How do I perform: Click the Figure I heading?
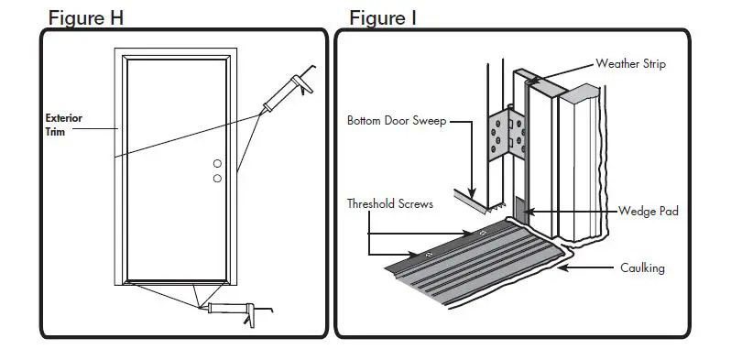383,17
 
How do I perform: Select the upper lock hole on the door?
218,164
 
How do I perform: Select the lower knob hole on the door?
218,179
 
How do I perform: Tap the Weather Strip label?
631,64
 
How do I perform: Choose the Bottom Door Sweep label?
396,120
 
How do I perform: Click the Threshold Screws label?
390,202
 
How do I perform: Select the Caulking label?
640,268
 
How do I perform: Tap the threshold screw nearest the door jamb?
483,234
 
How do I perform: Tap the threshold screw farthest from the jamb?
427,254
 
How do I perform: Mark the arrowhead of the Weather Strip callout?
532,82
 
